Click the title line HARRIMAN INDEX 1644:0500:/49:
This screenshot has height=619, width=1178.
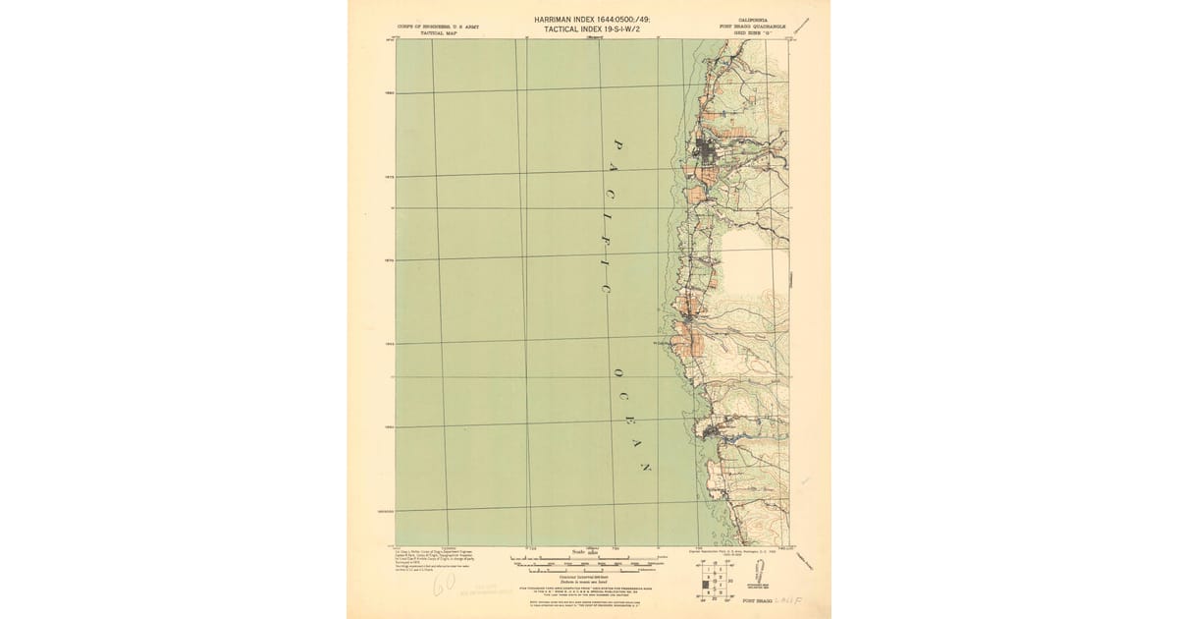click(590, 19)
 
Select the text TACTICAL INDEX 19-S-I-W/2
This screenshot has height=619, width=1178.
click(590, 30)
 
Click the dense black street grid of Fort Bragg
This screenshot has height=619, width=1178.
click(706, 152)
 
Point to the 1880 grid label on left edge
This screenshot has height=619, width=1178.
click(389, 94)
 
